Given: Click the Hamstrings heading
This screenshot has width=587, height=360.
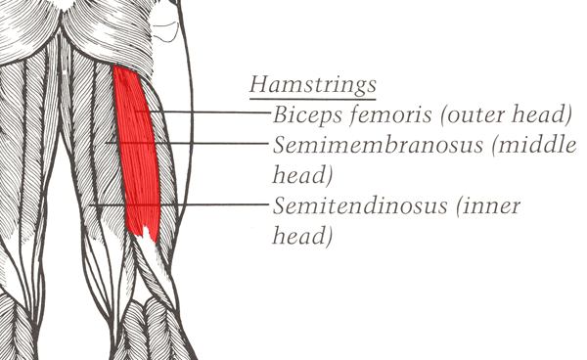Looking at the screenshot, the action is tap(313, 84).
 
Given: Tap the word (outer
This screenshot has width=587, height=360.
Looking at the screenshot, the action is tap(473, 114).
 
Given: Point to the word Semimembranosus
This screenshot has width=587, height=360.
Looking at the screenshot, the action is tap(378, 145).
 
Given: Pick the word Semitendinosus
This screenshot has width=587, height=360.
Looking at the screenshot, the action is tap(360, 205).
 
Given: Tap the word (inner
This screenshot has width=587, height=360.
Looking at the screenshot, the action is tap(488, 205).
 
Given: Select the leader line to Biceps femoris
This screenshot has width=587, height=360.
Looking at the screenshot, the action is tap(203, 112).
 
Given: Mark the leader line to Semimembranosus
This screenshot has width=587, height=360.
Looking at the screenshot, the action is tap(187, 143).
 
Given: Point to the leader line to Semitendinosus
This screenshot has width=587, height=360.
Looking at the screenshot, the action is tap(179, 204).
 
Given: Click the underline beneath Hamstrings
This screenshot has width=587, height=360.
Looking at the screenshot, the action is tap(313, 99).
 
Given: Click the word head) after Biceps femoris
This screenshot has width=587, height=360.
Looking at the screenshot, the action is tap(542, 114).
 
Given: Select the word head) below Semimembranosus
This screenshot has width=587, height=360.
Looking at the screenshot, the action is tap(302, 175).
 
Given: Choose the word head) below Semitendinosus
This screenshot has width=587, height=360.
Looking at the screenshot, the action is tap(302, 236).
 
